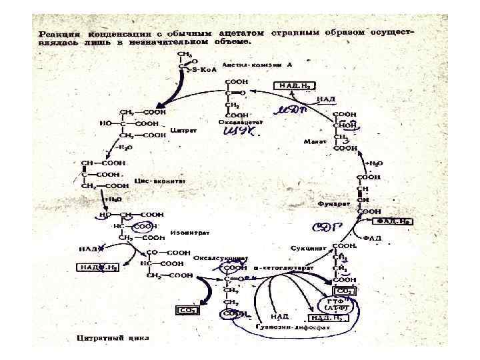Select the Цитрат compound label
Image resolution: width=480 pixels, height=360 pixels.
[183, 131]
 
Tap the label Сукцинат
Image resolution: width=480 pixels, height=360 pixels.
[307, 248]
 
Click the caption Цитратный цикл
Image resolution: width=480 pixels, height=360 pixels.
[113, 337]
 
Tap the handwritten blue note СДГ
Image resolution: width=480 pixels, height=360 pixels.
[331, 227]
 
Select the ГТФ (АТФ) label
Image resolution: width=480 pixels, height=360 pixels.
[337, 305]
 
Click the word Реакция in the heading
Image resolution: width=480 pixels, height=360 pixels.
[59, 33]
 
